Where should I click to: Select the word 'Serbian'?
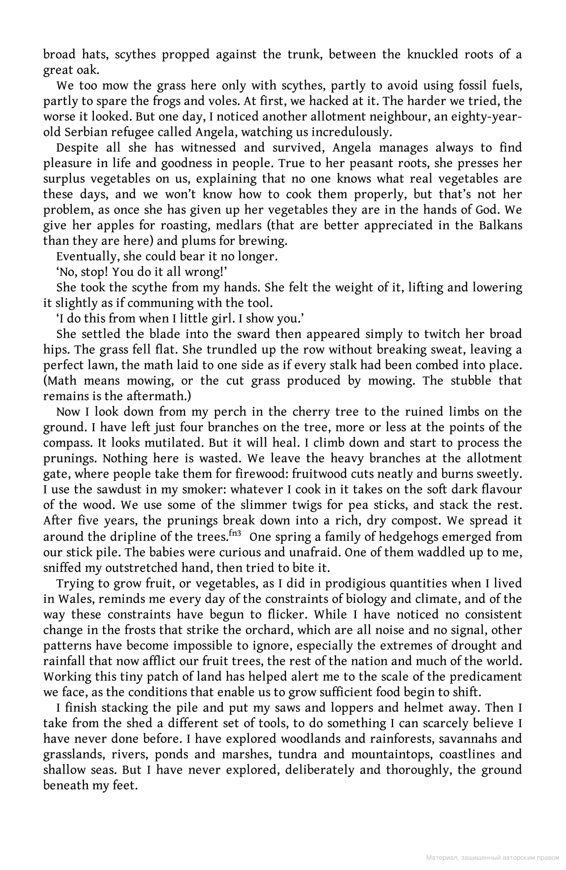[87, 132]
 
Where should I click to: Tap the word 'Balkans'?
[501, 225]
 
